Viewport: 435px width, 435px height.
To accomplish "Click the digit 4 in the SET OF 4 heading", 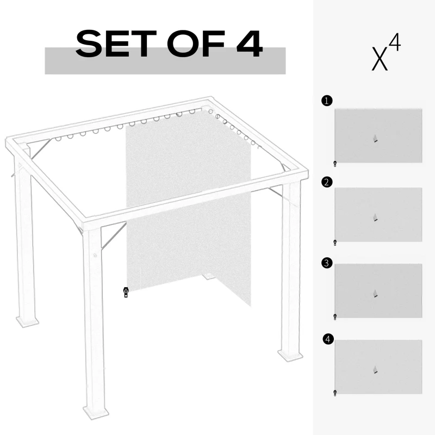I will pos(250,44).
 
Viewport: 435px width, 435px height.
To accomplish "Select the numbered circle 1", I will pos(326,101).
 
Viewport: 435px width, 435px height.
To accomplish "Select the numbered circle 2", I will pos(326,182).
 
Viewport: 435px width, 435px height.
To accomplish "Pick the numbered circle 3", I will pos(326,263).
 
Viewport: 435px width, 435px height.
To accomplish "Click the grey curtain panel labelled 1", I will pos(378,135).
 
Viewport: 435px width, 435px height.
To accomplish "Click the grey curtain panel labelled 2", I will pos(378,214).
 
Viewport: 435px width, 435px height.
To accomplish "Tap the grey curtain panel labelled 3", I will pos(378,291).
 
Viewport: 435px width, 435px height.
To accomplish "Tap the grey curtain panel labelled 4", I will pos(378,367).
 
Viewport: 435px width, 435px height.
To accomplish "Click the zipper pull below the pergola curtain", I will pos(126,293).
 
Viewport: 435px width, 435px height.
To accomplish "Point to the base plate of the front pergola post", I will pos(96,411).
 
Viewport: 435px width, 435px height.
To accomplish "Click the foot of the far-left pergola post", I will pos(27,321).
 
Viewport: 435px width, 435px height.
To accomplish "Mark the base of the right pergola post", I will pos(290,355).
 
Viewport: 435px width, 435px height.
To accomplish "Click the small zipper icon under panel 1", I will pos(335,163).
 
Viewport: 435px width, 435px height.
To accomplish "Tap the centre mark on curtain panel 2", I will pos(375,218).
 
